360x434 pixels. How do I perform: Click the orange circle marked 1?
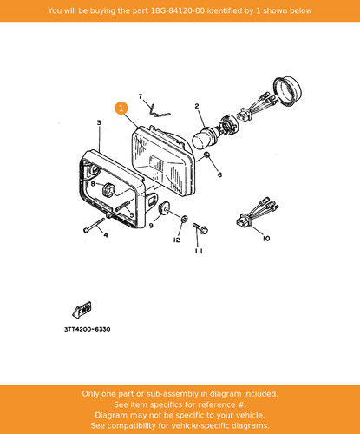pos(121,108)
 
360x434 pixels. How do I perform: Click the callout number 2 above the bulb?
pos(197,106)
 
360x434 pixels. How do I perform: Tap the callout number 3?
pos(99,122)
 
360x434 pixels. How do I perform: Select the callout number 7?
pos(141,96)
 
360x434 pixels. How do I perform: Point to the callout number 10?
pos(266,239)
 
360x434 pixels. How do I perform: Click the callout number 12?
pos(177,240)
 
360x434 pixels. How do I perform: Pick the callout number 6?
pos(219,174)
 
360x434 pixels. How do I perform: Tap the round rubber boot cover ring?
pos(288,91)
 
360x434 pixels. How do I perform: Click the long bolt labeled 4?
pos(94,225)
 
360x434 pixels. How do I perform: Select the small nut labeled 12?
pos(184,219)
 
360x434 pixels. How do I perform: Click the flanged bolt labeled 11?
pos(200,228)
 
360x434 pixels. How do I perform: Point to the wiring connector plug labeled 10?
pos(256,213)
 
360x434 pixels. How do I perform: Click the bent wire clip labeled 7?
pos(159,111)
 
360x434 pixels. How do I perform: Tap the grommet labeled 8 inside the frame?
pos(108,189)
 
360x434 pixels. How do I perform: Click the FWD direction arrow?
pos(82,311)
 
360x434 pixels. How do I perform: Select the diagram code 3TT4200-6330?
pos(88,329)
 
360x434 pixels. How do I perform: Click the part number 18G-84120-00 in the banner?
pos(177,10)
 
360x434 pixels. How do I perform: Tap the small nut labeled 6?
pos(207,155)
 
